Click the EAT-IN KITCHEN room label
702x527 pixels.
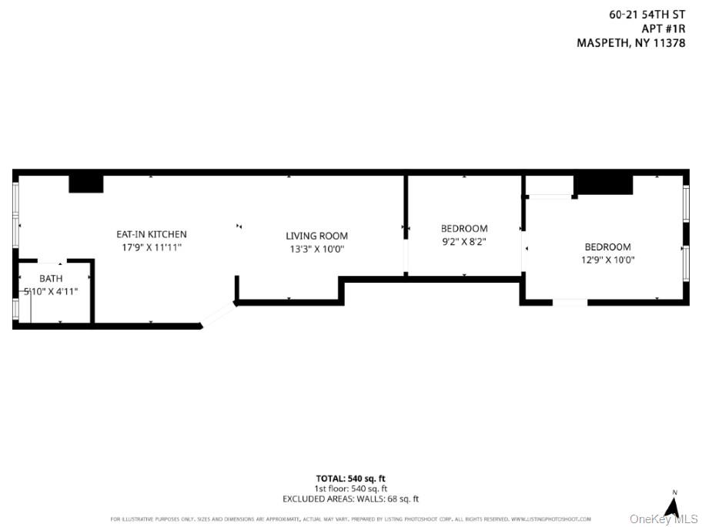click(151, 234)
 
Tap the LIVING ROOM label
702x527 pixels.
click(316, 236)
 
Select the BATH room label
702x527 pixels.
click(51, 278)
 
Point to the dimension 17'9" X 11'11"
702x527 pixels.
click(151, 247)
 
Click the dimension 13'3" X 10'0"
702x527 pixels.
click(316, 249)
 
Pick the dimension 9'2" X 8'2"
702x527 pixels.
click(463, 241)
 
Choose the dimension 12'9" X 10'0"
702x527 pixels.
click(607, 260)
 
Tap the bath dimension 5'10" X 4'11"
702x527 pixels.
click(51, 291)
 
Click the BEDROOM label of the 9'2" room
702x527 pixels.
click(463, 228)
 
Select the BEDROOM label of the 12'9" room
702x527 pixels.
click(607, 247)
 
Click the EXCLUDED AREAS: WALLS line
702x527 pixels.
click(350, 499)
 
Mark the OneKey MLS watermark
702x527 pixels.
click(664, 519)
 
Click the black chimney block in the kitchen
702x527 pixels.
click(85, 183)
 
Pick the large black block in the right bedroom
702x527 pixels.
click(603, 185)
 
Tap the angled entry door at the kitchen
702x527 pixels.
click(218, 316)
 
